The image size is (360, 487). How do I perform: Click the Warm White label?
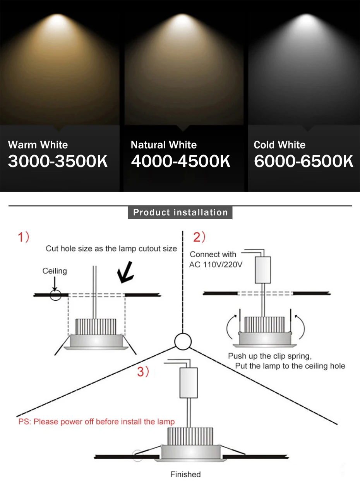pos(38,145)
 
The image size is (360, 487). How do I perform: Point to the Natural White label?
pos(164,145)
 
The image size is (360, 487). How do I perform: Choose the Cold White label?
pos(279,145)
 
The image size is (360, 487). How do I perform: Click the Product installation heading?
pos(180,212)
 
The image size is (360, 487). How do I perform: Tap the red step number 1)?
pos(24,237)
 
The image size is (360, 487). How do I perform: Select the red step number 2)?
pos(199,237)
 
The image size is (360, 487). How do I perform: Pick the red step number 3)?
pos(143,372)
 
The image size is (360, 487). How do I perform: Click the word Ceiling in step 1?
pos(55,271)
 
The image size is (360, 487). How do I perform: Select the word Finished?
pos(185,474)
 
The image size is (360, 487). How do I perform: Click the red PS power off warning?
pos(96,422)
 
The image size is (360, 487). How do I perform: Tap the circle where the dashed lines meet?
pos(183,341)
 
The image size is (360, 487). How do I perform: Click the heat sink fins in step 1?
pos(96,327)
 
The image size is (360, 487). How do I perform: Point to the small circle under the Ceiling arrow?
pos(55,296)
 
